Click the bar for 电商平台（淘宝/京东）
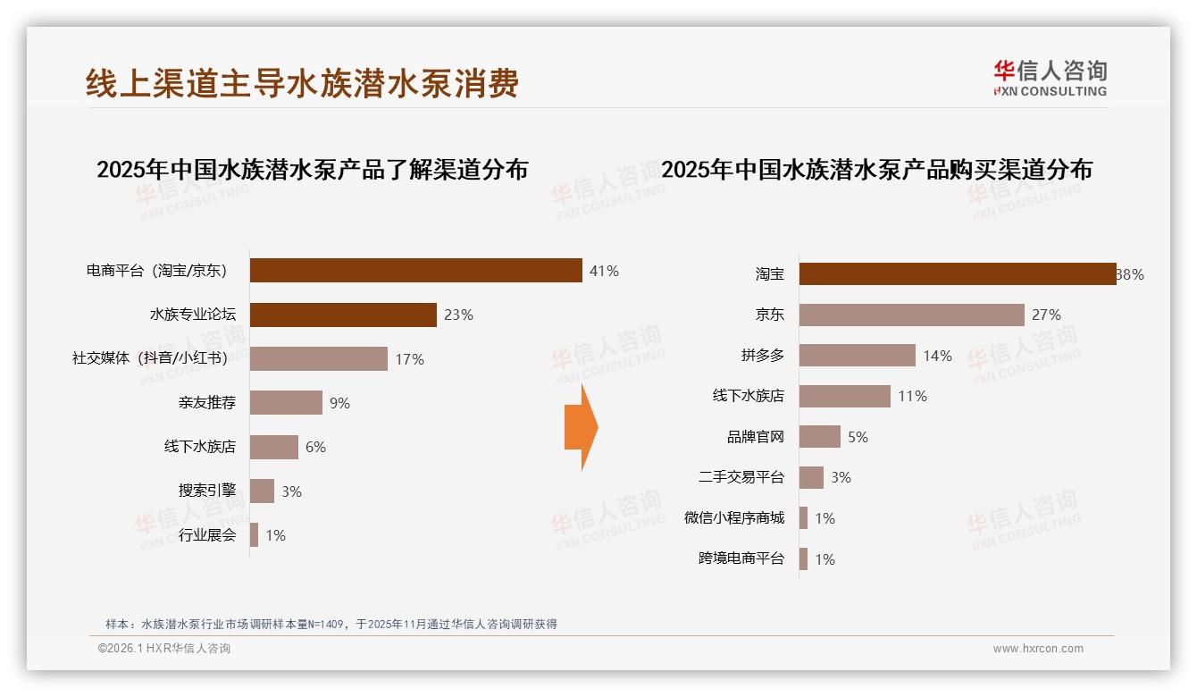click(415, 271)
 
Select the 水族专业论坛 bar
click(343, 315)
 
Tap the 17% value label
click(409, 359)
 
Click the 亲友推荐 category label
click(207, 403)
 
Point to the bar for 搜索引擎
click(262, 491)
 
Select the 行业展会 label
click(207, 535)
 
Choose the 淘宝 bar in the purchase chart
click(957, 274)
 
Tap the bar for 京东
click(911, 315)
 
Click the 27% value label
click(1046, 315)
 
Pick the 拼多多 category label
click(763, 356)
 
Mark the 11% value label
click(912, 396)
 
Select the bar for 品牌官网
click(819, 437)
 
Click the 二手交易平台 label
click(741, 477)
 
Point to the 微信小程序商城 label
click(734, 518)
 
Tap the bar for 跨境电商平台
click(803, 559)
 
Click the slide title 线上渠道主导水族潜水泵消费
click(302, 84)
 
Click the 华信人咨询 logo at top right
click(1050, 78)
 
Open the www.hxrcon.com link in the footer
click(1038, 649)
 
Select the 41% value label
click(604, 271)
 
